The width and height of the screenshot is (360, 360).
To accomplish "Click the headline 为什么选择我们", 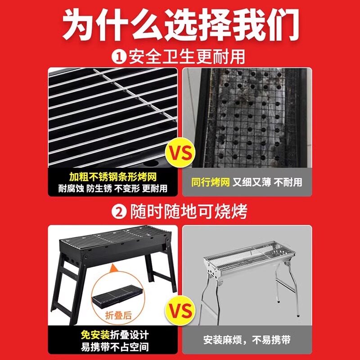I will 180,25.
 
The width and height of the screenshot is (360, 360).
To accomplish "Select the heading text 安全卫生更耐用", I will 187,58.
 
